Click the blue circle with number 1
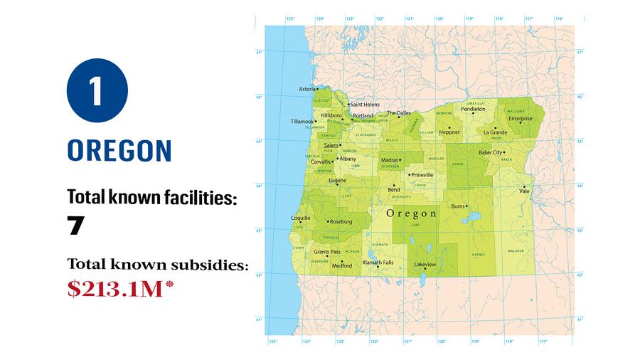point(97,90)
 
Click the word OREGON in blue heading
point(119,151)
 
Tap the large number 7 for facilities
point(76,226)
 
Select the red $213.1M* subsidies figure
point(121,289)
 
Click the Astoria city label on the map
point(307,89)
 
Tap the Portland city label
point(363,115)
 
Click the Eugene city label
point(337,181)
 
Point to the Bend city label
point(394,190)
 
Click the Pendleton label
point(473,109)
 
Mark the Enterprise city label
point(521,119)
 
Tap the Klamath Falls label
point(378,263)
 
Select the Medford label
point(342,265)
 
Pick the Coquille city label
point(301,217)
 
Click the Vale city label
point(525,191)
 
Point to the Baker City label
point(490,152)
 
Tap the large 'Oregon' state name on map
point(412,213)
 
